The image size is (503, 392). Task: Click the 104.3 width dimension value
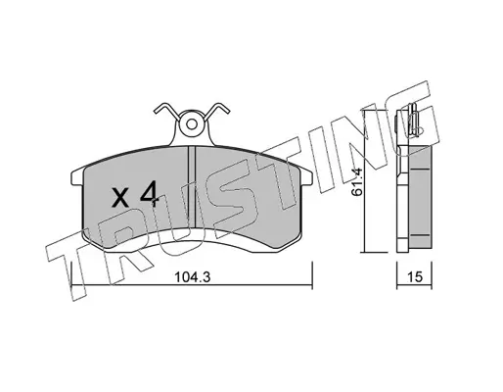tap(193, 277)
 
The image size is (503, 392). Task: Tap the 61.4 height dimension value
tap(357, 181)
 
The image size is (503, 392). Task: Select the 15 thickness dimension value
tap(415, 277)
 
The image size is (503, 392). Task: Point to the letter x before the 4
tap(119, 198)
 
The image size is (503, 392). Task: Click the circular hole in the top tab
tap(192, 124)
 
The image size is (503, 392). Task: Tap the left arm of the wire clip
tap(166, 111)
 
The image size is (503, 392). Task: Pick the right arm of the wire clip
tap(217, 111)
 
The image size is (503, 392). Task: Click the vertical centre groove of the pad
tap(192, 187)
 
